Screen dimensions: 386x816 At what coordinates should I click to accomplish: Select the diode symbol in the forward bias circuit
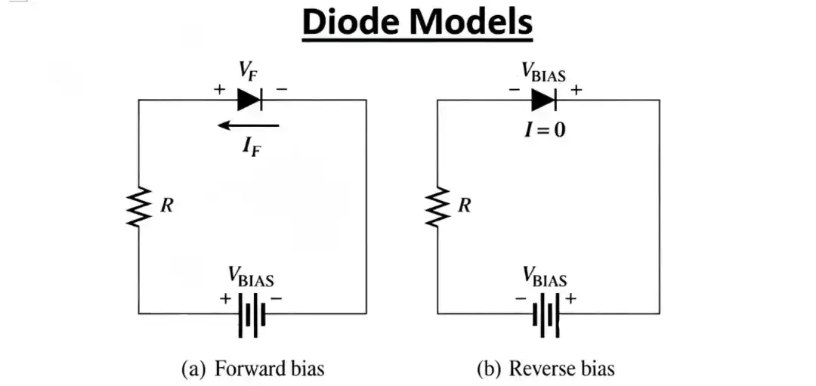click(249, 99)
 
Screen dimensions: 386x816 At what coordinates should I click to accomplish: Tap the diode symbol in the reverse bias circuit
click(544, 99)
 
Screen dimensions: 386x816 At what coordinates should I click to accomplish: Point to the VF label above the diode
click(248, 73)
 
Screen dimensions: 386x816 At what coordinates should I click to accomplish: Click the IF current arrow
click(249, 125)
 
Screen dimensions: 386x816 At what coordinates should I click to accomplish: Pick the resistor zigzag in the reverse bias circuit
click(437, 206)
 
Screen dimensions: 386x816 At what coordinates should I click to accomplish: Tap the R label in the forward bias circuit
click(167, 205)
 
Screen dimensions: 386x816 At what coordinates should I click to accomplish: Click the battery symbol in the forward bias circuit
click(252, 313)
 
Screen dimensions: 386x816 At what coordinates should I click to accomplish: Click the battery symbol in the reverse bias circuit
click(546, 313)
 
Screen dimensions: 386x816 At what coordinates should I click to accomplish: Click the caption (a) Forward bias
click(253, 369)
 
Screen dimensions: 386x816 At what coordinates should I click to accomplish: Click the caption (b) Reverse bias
click(546, 369)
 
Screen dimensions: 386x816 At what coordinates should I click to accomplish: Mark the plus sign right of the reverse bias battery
click(570, 299)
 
